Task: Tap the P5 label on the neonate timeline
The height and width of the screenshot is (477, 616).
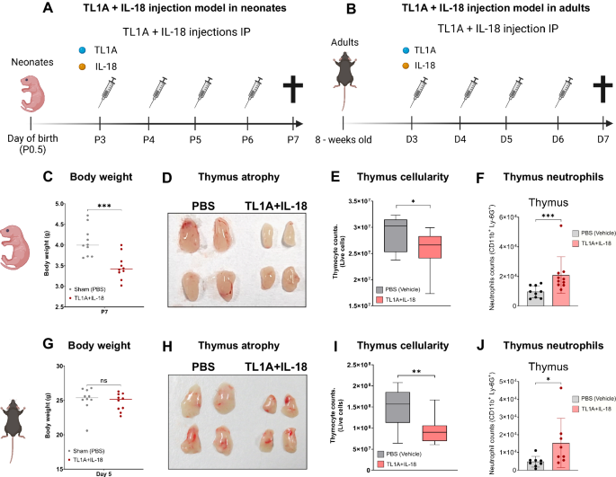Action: point(195,139)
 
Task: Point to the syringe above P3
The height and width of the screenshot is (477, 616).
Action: point(105,91)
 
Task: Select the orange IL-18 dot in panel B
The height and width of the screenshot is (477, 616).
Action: point(406,66)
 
